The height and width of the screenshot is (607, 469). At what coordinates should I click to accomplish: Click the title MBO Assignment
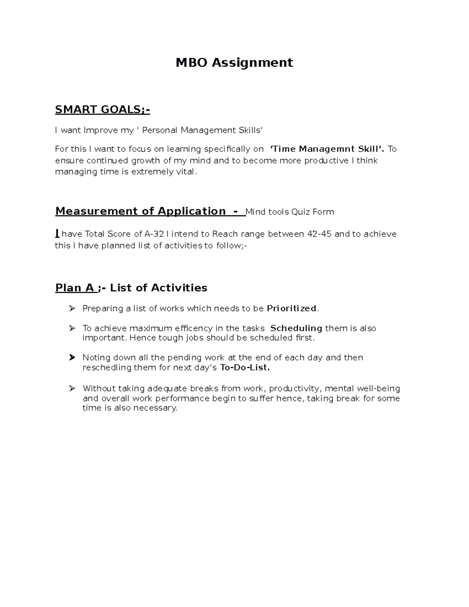coord(234,63)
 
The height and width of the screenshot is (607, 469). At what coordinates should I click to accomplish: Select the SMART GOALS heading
coord(102,110)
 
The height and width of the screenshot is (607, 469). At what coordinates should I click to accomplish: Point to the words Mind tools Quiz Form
coord(290,212)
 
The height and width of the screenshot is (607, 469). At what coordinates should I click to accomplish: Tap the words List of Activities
coord(158,288)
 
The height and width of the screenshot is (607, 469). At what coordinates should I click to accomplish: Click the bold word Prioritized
coord(292,309)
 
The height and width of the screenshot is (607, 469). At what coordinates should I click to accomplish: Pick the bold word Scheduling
coord(296,328)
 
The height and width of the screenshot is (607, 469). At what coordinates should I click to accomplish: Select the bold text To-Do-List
coord(245,368)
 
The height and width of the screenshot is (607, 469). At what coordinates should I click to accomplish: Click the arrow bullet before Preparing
coord(72,309)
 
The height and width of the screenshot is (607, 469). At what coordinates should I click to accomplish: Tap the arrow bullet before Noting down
coord(72,358)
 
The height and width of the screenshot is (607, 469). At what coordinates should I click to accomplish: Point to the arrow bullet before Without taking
coord(72,389)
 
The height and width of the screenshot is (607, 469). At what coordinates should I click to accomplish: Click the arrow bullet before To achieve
coord(72,328)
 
